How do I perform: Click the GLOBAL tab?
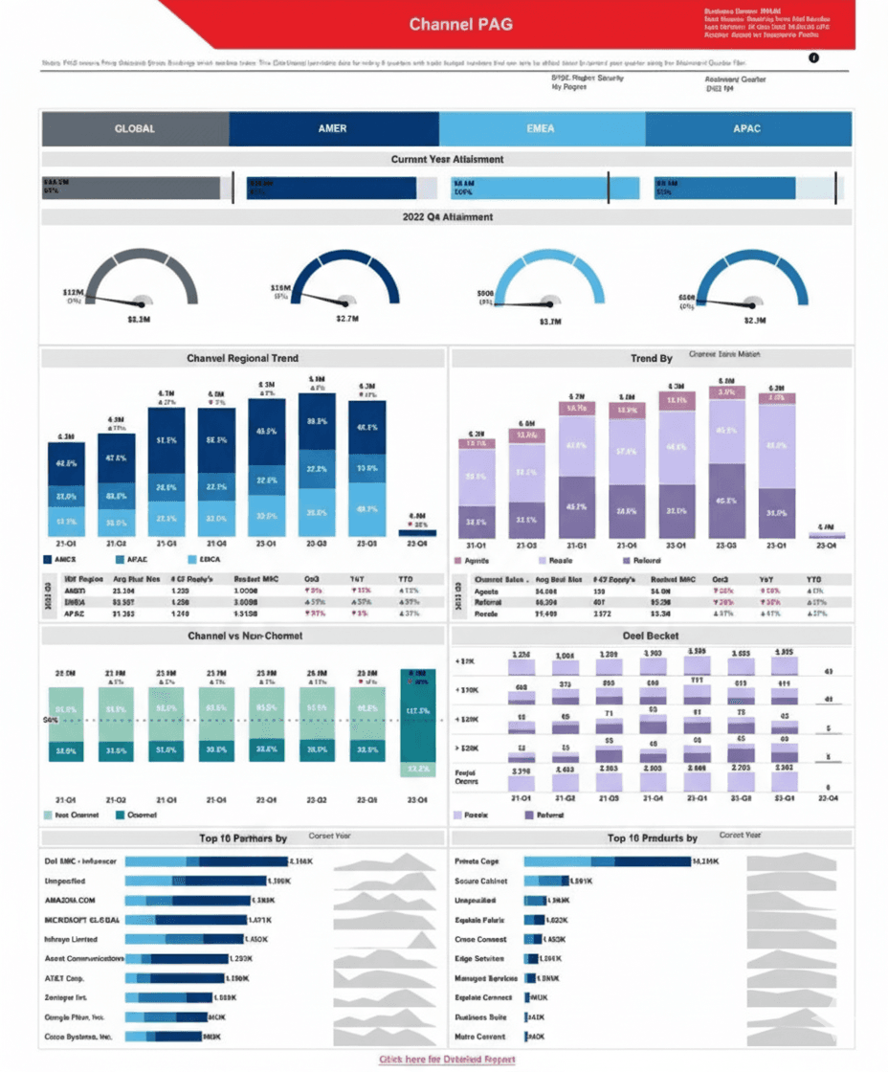point(134,128)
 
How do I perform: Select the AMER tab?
point(332,128)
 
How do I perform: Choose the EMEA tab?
point(541,128)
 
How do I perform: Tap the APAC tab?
point(747,128)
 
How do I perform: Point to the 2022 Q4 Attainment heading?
point(447,217)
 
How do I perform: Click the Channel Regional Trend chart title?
point(242,358)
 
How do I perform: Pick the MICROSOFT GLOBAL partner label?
point(82,920)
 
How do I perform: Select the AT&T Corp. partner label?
point(65,978)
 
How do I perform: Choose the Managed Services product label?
point(485,978)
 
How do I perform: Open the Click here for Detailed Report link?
point(447,1060)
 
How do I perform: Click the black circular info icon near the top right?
point(814,58)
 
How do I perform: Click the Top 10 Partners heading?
point(242,838)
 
